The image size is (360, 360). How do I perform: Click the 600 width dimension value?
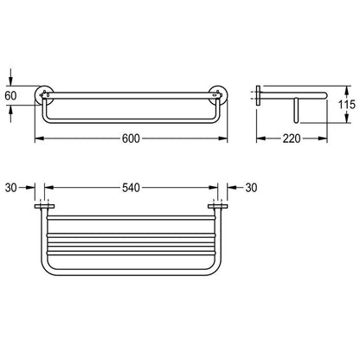pyautogui.click(x=131, y=138)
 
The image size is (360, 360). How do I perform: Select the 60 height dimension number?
pyautogui.click(x=10, y=95)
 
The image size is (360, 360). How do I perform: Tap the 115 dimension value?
pyautogui.click(x=347, y=104)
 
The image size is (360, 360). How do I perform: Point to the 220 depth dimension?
pyautogui.click(x=292, y=138)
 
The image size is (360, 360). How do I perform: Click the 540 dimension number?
pyautogui.click(x=131, y=188)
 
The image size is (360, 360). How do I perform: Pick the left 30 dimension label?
pyautogui.click(x=11, y=188)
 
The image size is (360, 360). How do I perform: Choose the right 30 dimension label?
pyautogui.click(x=251, y=188)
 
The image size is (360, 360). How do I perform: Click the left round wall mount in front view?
pyautogui.click(x=44, y=95)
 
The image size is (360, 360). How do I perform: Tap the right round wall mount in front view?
pyautogui.click(x=218, y=95)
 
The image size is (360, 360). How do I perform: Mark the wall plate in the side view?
pyautogui.click(x=259, y=95)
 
